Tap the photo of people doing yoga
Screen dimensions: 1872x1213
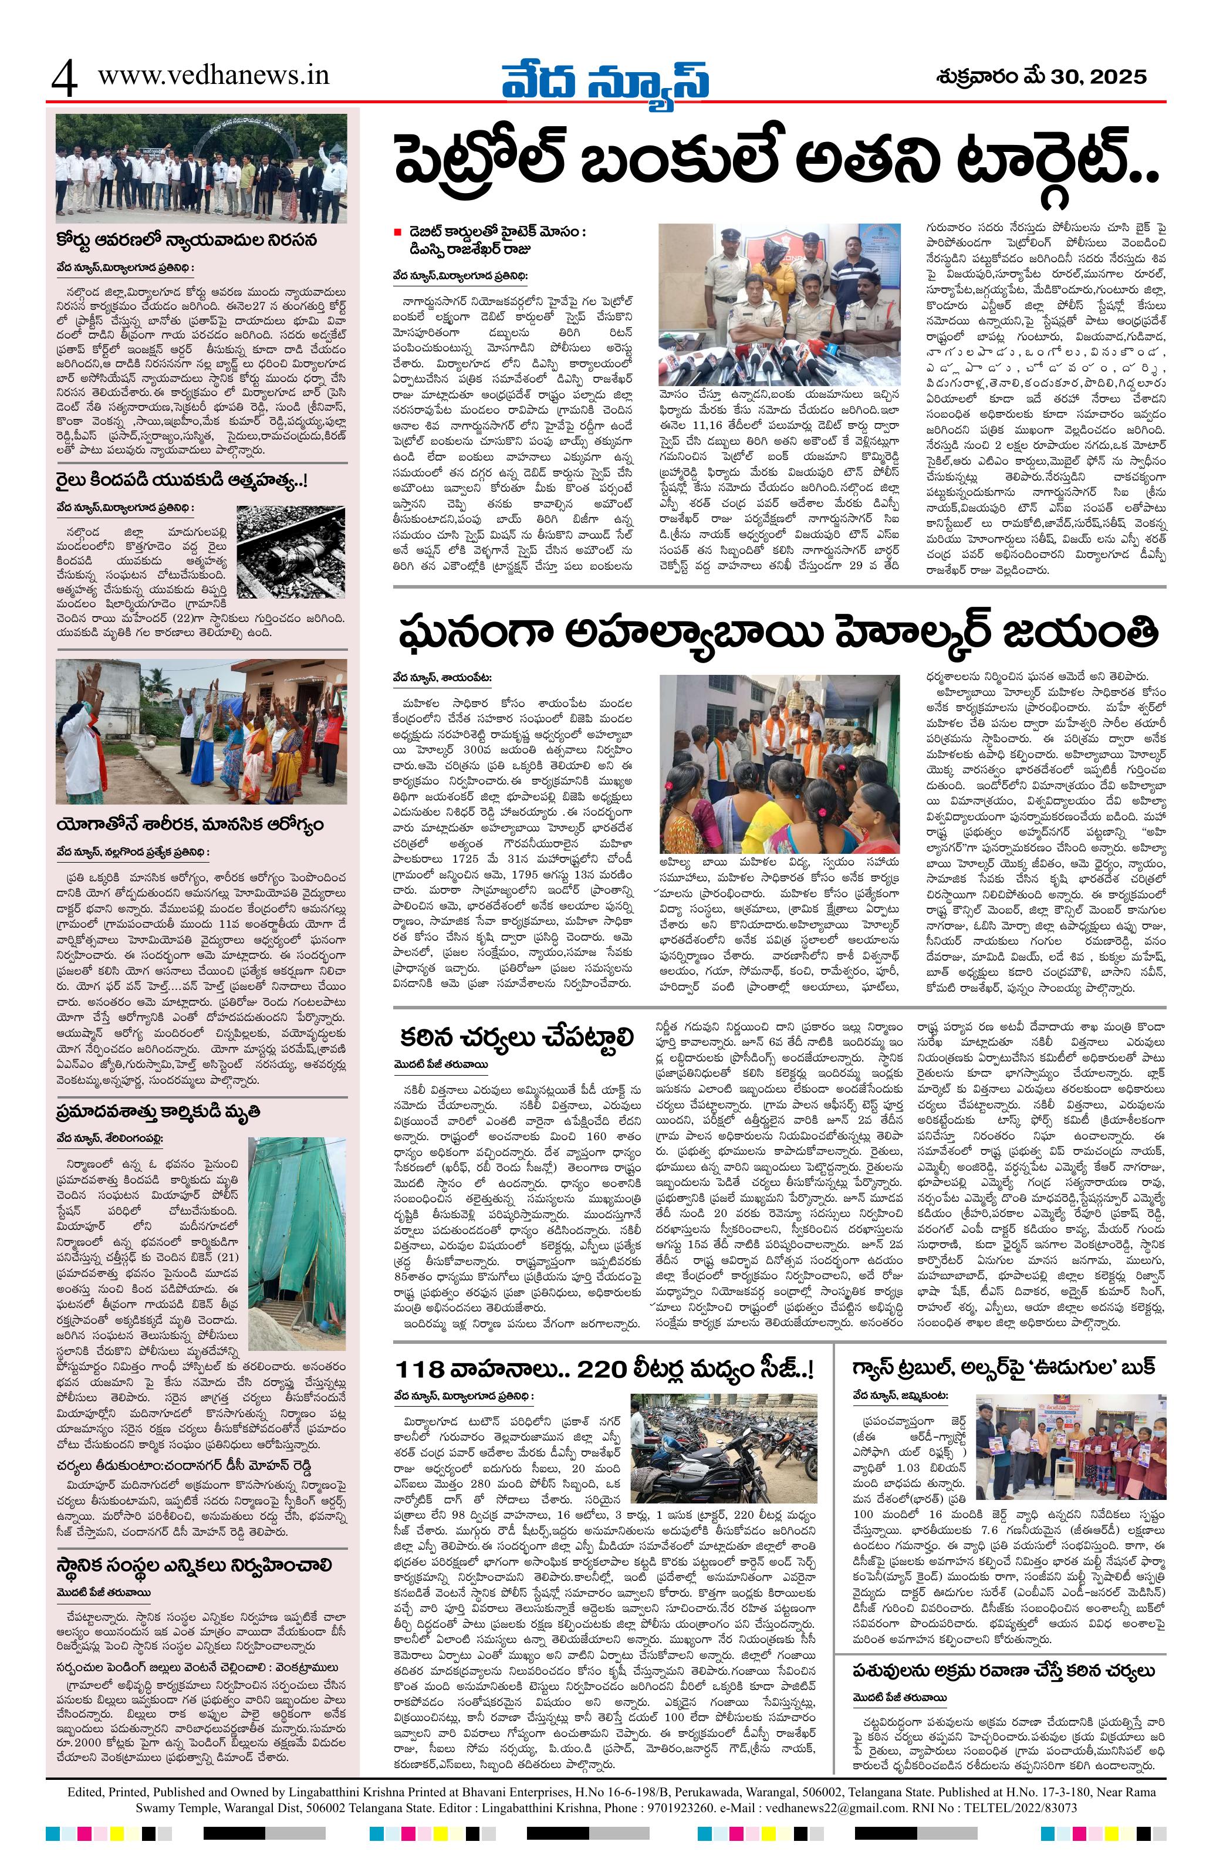coord(201,732)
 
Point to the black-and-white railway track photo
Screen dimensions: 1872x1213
coord(291,550)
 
